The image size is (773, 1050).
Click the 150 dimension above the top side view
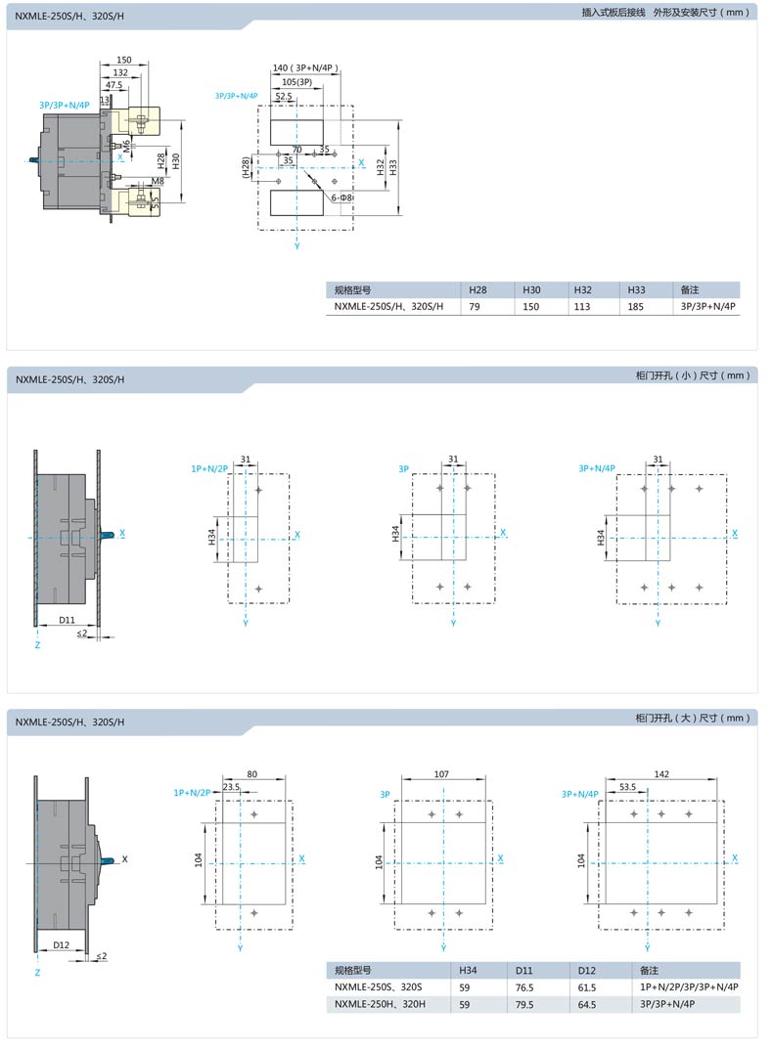124,60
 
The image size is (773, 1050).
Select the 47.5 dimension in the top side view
114,85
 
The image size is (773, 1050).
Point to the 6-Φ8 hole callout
341,197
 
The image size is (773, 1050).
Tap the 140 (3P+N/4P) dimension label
305,67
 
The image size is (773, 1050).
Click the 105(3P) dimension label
297,82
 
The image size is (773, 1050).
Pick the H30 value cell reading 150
531,307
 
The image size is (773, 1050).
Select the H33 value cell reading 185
636,307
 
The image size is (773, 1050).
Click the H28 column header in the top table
478,290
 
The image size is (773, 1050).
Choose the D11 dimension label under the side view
68,620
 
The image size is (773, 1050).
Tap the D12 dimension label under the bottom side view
61,944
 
